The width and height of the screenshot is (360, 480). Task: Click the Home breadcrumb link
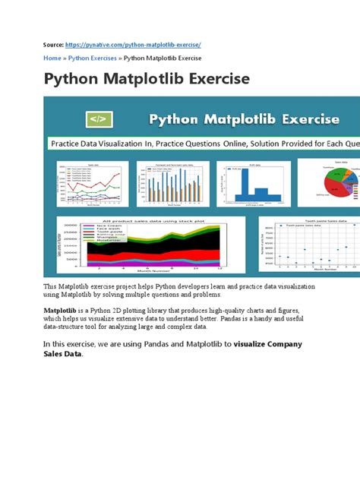(x=52, y=58)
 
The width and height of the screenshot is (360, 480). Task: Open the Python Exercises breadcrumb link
(x=92, y=58)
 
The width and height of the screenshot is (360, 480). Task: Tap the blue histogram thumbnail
(x=247, y=183)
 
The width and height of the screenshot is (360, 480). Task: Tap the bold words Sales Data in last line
(x=62, y=354)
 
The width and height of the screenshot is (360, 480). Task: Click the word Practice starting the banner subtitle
(x=68, y=142)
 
